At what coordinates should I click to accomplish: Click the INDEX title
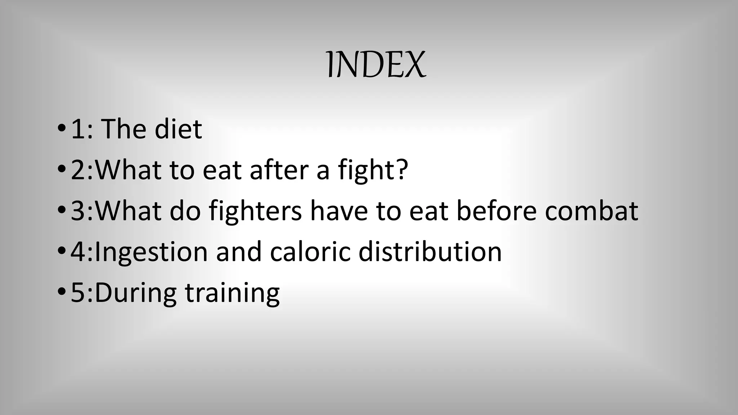tap(376, 64)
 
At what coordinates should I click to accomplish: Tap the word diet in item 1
tap(178, 129)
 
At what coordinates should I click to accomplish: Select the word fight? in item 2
tap(373, 170)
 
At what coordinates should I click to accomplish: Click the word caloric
tap(310, 252)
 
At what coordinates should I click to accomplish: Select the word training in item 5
tap(232, 293)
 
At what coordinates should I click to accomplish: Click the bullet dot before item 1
tap(61, 128)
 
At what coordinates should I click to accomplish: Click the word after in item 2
tap(279, 170)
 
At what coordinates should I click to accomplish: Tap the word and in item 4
tap(239, 252)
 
